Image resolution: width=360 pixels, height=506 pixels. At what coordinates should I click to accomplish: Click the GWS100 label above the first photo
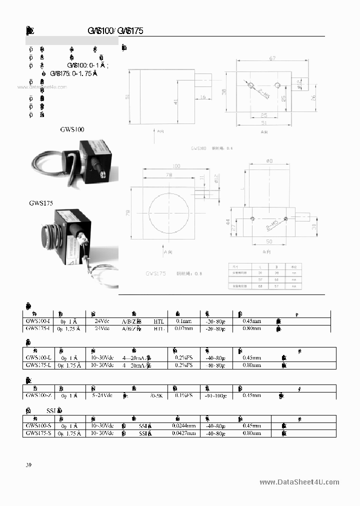pos(72,129)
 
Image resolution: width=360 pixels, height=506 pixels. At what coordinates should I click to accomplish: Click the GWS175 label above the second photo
pos(41,203)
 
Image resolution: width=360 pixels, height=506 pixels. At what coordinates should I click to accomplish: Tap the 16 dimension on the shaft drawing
pos(203,97)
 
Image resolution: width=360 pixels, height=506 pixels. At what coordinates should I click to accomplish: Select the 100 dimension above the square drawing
pos(176,165)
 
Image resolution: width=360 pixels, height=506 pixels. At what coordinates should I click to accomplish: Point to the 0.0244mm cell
pos(183,426)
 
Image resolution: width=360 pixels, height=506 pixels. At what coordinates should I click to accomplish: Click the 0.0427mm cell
pos(183,433)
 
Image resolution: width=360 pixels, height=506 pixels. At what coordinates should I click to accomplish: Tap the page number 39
pos(28,465)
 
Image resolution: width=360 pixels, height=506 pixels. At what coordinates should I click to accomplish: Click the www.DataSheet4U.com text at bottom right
pos(299,482)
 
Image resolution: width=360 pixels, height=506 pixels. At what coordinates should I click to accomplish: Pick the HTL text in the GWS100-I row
pos(159,321)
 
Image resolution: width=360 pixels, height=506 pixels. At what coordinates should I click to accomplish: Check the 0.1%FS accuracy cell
pos(183,395)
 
